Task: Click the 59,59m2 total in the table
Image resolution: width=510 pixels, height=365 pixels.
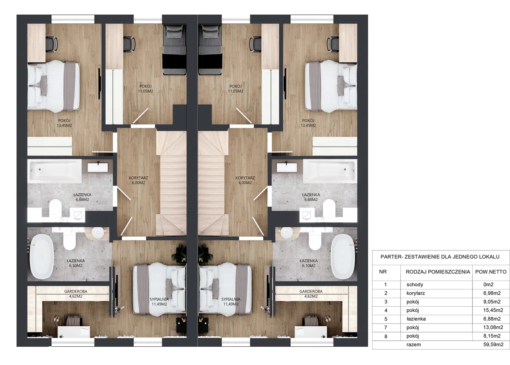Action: tap(493, 345)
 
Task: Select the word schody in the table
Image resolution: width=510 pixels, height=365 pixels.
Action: tap(415, 285)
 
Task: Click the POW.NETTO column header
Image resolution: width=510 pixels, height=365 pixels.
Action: tap(491, 272)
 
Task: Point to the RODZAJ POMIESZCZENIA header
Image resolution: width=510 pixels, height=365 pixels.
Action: tap(438, 272)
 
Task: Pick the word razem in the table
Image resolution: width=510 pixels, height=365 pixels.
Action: tap(414, 345)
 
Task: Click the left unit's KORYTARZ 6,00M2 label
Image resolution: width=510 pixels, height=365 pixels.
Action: tap(138, 180)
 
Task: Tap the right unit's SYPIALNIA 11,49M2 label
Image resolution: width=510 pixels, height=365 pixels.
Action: tap(231, 302)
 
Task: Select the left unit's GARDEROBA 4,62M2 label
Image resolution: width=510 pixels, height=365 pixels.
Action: tap(76, 294)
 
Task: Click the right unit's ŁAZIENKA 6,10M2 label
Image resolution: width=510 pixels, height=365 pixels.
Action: tap(308, 263)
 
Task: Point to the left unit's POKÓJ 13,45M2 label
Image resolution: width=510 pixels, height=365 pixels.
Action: tap(64, 123)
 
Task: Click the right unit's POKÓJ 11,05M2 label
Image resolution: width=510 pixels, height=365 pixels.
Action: tap(235, 88)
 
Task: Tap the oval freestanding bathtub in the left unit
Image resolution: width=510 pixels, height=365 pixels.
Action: tap(41, 256)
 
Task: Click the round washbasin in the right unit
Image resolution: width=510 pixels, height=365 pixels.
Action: tap(287, 233)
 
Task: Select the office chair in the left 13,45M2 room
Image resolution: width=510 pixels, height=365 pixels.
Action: tap(52, 44)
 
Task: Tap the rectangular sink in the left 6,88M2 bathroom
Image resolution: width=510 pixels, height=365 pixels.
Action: tap(98, 168)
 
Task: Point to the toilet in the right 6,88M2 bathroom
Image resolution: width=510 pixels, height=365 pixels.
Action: tap(329, 207)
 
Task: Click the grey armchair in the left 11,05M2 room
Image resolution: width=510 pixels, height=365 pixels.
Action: tap(175, 50)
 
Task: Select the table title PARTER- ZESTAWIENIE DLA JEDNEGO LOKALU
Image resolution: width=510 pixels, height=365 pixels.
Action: tap(440, 257)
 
